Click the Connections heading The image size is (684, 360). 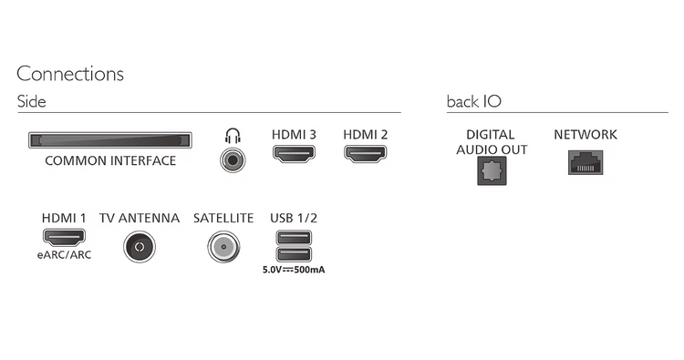(x=70, y=74)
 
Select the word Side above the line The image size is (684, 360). (x=31, y=101)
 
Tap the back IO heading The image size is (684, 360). (x=473, y=101)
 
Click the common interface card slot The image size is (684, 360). (x=110, y=140)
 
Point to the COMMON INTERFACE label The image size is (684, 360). (x=110, y=160)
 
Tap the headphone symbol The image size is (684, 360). (x=233, y=136)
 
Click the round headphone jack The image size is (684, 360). (x=233, y=160)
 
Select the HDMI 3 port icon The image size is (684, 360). (x=294, y=154)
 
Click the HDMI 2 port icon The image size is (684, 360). (x=365, y=154)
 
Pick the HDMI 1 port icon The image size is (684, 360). (x=64, y=237)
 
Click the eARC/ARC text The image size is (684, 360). (x=64, y=255)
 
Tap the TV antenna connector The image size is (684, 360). (x=140, y=247)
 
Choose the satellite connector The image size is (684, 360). (x=223, y=247)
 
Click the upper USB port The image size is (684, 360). (x=294, y=238)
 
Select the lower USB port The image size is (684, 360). (x=294, y=253)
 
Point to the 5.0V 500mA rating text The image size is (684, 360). (x=294, y=270)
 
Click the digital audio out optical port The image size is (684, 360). (x=492, y=170)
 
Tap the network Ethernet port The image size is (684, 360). (x=586, y=162)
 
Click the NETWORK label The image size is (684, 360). (x=586, y=135)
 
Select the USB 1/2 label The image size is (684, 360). (x=294, y=218)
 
